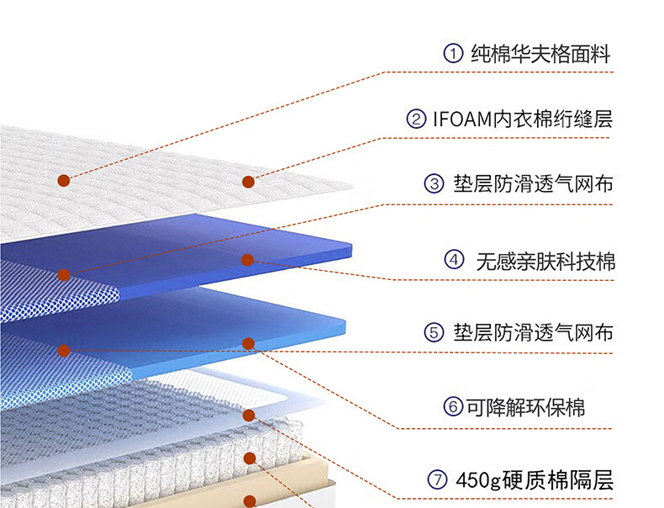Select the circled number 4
(454, 260)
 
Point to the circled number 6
(454, 408)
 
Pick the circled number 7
(435, 481)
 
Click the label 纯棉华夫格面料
(540, 55)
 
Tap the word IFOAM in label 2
(461, 119)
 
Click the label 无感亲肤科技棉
(545, 261)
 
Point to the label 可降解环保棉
(526, 408)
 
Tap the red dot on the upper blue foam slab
(247, 260)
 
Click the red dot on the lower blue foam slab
(248, 343)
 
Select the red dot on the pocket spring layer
(249, 458)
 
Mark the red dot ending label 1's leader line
(63, 180)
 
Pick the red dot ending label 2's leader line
(248, 182)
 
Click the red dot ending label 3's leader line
(63, 274)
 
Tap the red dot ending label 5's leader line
(63, 350)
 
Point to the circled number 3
(435, 183)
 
